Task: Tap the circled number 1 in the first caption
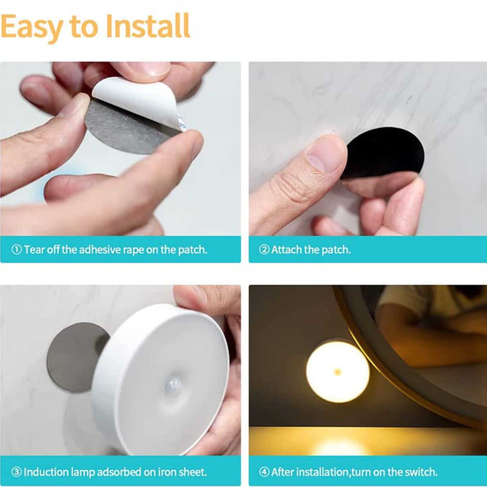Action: tap(16, 250)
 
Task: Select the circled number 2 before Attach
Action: tap(264, 250)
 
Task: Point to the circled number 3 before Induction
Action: tap(16, 472)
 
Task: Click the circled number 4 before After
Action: tap(264, 472)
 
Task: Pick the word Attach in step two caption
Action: tap(286, 250)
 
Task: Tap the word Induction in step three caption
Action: tap(42, 472)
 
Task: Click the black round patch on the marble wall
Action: tap(388, 152)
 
